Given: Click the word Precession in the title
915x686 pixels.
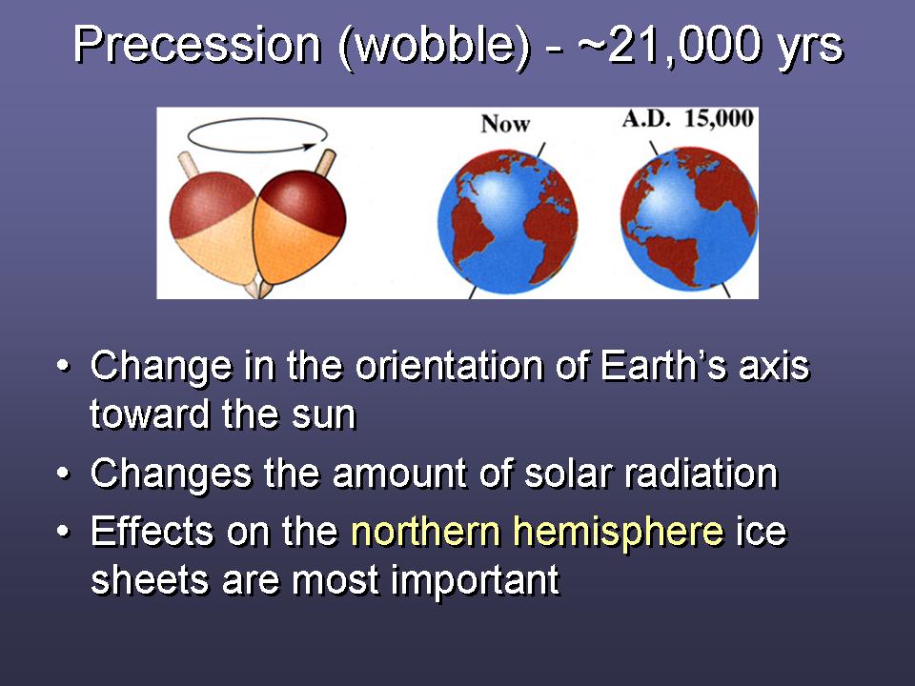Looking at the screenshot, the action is click(198, 46).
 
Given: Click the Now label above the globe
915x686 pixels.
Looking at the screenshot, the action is click(505, 124).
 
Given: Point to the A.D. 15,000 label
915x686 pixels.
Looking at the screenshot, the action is click(688, 119).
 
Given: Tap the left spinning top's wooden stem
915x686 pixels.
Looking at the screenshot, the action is click(189, 165).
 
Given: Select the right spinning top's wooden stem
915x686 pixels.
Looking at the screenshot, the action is click(325, 163).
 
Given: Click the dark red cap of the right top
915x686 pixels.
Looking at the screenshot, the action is click(305, 202).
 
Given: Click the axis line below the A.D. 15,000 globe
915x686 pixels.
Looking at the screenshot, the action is click(725, 291).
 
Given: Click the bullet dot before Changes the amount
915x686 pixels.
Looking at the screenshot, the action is click(63, 474).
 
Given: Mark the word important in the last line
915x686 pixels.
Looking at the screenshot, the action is click(475, 581).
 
